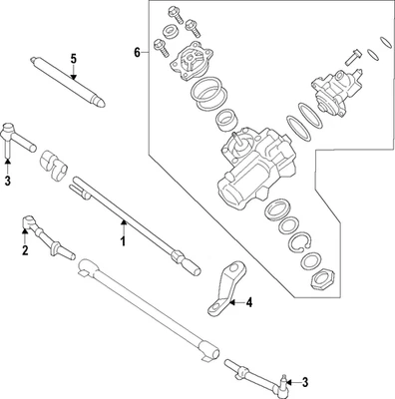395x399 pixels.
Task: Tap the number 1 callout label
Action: [x=124, y=240]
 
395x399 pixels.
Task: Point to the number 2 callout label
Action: [x=25, y=250]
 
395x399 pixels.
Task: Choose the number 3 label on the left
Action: [x=7, y=181]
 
